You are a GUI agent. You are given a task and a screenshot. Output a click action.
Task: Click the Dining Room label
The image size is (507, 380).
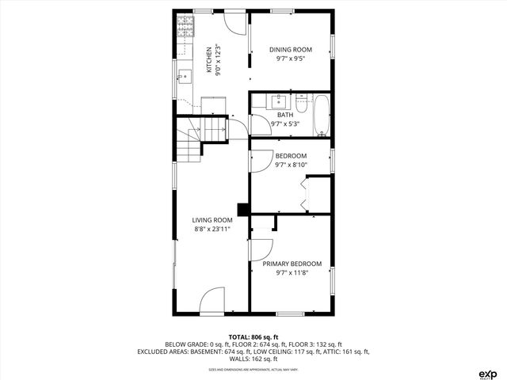click(291, 49)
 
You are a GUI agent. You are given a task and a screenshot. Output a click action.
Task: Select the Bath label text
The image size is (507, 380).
click(284, 115)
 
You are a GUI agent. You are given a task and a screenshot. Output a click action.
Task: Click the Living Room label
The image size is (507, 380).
click(212, 220)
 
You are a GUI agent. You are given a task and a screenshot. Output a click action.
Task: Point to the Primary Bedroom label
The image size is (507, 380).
click(292, 264)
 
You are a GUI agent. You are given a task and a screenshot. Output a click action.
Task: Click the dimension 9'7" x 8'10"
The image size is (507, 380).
click(291, 165)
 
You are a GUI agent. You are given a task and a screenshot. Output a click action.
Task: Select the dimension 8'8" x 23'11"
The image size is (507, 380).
click(212, 230)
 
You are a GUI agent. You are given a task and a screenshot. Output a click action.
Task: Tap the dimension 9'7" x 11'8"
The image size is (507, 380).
click(292, 273)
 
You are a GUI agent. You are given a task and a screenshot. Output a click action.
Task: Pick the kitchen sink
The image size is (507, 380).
click(184, 77)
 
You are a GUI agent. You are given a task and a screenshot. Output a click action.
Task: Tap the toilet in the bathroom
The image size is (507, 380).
click(301, 101)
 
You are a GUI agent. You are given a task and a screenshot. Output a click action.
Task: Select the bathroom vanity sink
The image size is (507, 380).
click(279, 101)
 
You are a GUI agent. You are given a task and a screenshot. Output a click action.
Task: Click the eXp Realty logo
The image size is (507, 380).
click(487, 373)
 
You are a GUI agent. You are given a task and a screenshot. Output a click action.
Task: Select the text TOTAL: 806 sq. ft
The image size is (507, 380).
click(253, 337)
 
